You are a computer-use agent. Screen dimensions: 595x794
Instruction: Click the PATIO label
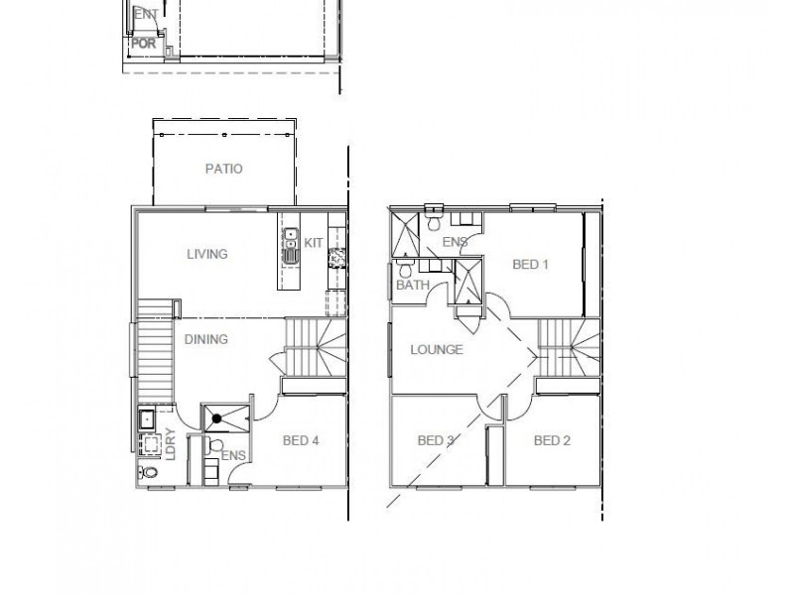[223, 169]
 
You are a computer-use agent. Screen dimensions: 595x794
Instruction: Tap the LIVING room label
[207, 254]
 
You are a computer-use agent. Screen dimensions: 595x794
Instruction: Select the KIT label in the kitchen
[313, 242]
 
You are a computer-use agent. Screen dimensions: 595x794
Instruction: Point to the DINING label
[206, 339]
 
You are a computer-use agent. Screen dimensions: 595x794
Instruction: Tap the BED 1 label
[531, 265]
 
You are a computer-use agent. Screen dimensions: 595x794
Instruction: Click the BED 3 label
[437, 440]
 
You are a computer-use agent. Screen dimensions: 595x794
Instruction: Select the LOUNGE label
[438, 350]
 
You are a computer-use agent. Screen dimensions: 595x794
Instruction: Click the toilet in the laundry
[150, 473]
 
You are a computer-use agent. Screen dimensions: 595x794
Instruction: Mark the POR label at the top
[141, 45]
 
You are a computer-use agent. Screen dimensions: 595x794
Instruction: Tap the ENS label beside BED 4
[234, 455]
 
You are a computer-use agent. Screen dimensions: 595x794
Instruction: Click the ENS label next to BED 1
[456, 242]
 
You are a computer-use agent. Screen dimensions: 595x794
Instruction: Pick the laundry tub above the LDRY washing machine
[145, 417]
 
